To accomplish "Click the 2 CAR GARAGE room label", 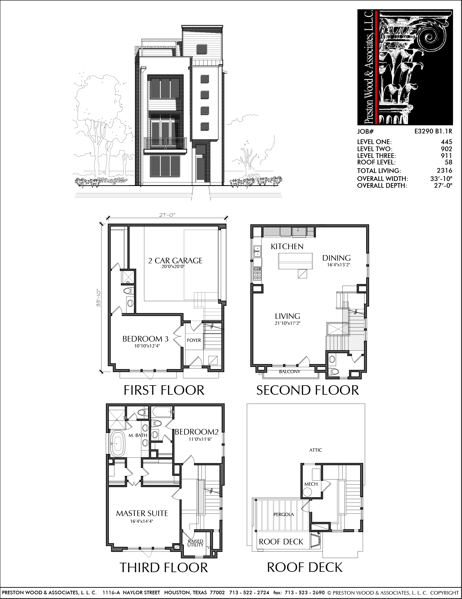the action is pos(175,261).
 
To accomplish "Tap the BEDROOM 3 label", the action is pos(145,339).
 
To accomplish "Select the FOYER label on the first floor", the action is pos(194,340).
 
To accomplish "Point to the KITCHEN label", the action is pos(287,247).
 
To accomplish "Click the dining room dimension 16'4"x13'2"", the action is pos(338,265).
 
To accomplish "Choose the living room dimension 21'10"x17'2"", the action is pos(288,323).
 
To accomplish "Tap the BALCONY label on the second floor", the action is pos(290,372).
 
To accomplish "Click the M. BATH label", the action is pos(138,435).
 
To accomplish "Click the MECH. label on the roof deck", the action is pos(312,484).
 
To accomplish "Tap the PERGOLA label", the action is pos(284,515).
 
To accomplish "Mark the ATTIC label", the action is pos(316,450).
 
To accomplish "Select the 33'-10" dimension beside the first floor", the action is pos(99,298).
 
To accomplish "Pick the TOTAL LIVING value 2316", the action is pos(445,170).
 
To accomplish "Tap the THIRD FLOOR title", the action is pos(164,568).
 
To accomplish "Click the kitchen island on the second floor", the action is pos(295,261).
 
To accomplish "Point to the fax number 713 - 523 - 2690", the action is pos(304,593).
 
